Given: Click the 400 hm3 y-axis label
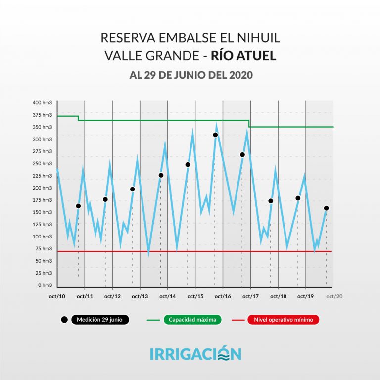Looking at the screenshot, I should (43, 103).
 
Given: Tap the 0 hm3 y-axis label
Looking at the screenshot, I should (45, 285).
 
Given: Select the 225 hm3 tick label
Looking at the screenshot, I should (43, 176).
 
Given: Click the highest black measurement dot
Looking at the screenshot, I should (215, 135).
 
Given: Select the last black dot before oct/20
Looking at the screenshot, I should (326, 208).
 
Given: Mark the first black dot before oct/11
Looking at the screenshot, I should (78, 206).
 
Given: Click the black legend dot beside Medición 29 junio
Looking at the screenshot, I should (64, 320).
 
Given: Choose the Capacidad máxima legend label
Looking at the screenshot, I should (192, 320).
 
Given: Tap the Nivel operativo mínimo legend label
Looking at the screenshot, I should (284, 320).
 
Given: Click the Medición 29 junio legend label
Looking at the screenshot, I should (100, 320).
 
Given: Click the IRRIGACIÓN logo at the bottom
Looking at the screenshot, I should (195, 354).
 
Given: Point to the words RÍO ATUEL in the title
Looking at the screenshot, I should (243, 56).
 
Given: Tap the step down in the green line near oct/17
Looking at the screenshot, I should (248, 124).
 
